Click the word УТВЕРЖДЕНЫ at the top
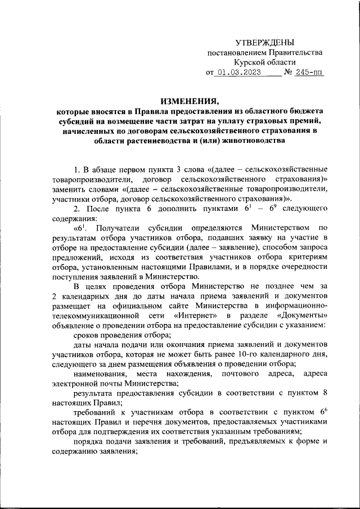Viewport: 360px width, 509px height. click(264, 42)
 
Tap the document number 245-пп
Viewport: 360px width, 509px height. click(307, 73)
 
